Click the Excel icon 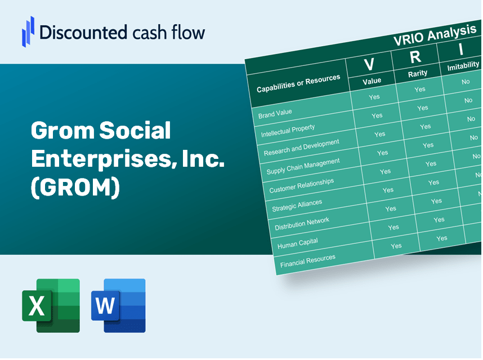(51, 305)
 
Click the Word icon (118, 305)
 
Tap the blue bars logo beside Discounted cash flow (28, 32)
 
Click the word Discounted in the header (83, 32)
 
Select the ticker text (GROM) (75, 187)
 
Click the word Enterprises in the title (101, 159)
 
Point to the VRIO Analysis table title (435, 35)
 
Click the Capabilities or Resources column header (298, 83)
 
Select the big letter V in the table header (369, 64)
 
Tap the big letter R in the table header (415, 57)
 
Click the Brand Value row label (275, 113)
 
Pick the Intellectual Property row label (288, 131)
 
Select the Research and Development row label (301, 148)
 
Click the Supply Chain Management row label (303, 166)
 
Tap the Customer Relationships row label (301, 185)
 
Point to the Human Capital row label (297, 243)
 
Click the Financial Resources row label (307, 261)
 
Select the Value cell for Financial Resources (396, 246)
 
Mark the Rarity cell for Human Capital (441, 238)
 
